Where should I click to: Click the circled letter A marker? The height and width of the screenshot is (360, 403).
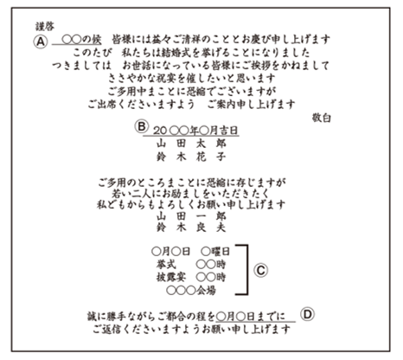click(x=41, y=42)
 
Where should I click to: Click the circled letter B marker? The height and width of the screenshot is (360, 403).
click(x=142, y=126)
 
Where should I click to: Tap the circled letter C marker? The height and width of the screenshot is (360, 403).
click(x=260, y=270)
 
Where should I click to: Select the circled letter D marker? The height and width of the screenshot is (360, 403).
click(x=307, y=314)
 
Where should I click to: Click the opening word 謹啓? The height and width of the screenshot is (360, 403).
click(x=45, y=27)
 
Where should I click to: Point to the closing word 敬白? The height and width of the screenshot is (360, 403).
click(x=321, y=118)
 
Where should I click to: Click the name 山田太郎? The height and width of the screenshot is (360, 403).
click(x=191, y=144)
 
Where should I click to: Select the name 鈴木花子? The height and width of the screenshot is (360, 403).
click(x=191, y=157)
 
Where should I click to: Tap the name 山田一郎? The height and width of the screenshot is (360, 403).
click(x=191, y=216)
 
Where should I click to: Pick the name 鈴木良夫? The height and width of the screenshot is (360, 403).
click(x=191, y=228)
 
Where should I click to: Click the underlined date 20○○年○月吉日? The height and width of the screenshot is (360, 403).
click(x=195, y=131)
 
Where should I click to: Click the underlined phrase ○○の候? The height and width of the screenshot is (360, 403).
click(x=81, y=40)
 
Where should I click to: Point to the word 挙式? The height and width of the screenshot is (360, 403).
click(x=166, y=264)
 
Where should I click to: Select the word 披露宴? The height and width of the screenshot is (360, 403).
click(x=171, y=277)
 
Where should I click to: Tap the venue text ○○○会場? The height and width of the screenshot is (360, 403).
click(x=191, y=290)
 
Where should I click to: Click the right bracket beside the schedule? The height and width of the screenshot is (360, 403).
click(x=246, y=270)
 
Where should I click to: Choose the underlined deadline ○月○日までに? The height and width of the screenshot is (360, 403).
click(x=250, y=317)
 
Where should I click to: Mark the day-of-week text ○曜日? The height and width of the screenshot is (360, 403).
click(x=215, y=252)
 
